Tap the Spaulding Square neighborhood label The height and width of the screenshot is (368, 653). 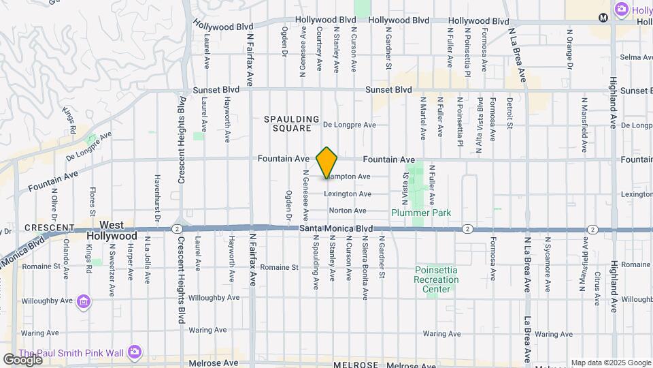(x=292, y=123)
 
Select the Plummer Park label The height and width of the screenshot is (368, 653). (x=421, y=213)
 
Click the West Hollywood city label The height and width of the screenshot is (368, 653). (x=112, y=230)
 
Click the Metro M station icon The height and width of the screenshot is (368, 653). (x=603, y=17)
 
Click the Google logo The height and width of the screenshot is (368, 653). (x=22, y=359)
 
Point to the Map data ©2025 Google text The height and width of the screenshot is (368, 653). (x=611, y=363)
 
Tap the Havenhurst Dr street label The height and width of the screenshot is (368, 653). (x=157, y=198)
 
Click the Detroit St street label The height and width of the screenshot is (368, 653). (x=509, y=112)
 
